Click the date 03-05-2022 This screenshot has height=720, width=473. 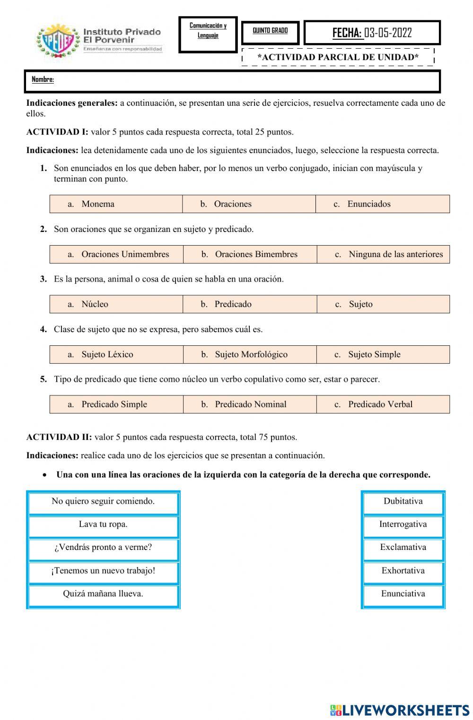point(388,33)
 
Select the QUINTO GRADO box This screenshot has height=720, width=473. point(270,31)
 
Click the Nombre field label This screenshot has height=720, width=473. point(43,79)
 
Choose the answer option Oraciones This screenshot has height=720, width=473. point(232,204)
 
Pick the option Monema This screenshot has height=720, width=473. point(97,204)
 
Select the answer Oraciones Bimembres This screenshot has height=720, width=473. point(256,254)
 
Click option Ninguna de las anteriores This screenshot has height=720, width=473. point(395,254)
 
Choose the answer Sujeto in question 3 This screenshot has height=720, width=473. point(360,304)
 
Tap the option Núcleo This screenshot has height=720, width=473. point(95,304)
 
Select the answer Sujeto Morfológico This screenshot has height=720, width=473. point(251,354)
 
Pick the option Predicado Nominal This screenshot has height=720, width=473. point(250,404)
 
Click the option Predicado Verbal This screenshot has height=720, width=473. point(380,404)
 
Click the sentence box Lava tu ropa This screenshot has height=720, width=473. point(103,524)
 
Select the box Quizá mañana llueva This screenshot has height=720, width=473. point(103,594)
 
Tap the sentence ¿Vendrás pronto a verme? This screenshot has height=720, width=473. point(103,548)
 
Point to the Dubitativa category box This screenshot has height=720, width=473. point(403,501)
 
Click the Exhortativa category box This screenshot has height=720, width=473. point(403,571)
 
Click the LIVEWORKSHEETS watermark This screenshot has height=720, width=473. point(400,710)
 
